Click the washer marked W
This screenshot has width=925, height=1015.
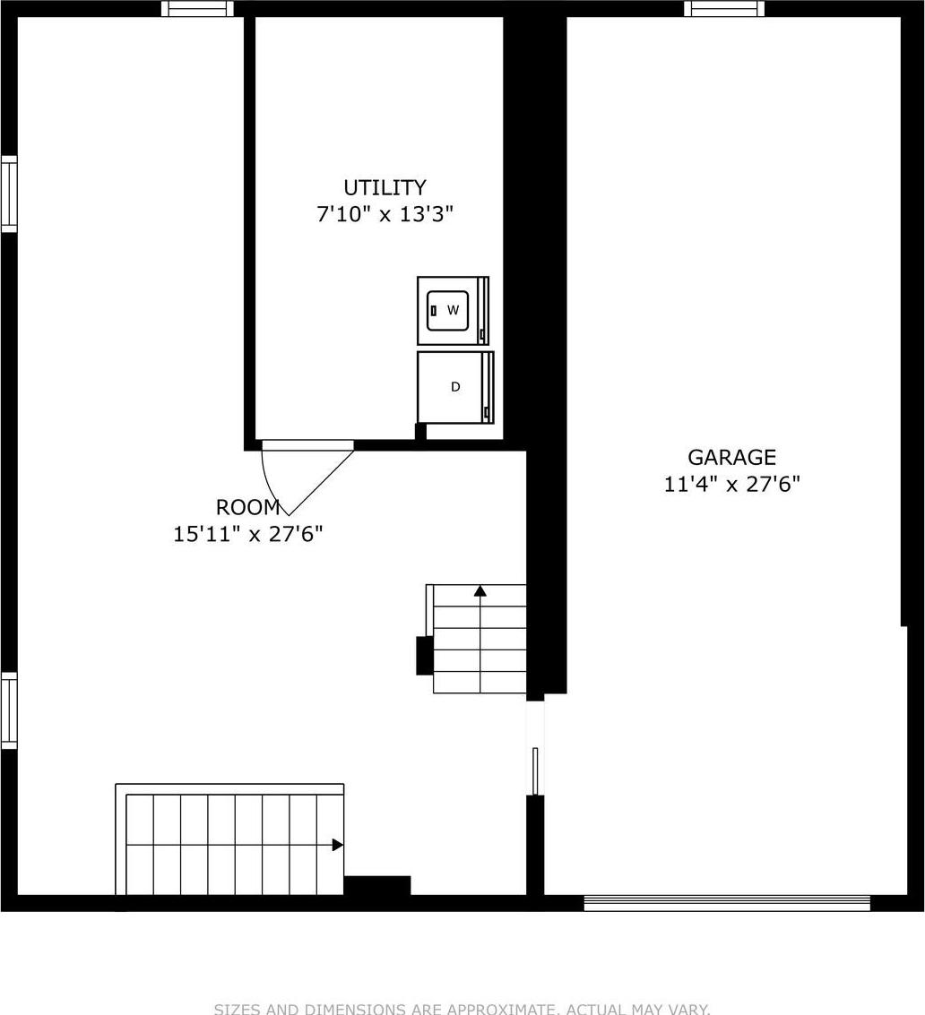pos(453,310)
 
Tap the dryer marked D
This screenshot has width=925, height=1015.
pos(455,387)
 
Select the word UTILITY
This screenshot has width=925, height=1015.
pos(385,187)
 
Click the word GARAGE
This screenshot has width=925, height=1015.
pos(731,457)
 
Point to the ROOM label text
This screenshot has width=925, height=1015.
pos(247,507)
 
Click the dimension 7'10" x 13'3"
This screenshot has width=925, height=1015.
pos(385,215)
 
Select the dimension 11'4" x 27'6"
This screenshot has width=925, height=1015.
pos(731,485)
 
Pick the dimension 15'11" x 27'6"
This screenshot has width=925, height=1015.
pos(247,535)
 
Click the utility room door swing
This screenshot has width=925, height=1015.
pos(305,475)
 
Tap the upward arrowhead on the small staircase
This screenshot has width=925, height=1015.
pos(480,590)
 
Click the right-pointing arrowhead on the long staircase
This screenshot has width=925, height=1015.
pos(337,844)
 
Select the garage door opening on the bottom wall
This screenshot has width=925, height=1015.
pos(727,903)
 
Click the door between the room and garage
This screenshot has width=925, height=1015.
pos(535,770)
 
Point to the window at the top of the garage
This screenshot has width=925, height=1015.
pos(724,9)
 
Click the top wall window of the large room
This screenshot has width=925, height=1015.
pos(197,9)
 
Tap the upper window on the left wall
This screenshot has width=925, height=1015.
pos(9,194)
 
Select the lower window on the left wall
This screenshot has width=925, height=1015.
pos(9,710)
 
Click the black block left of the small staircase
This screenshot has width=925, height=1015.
pos(424,655)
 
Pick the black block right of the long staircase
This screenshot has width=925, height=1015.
pos(377,885)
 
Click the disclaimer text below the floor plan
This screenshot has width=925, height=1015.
pos(462,1009)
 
